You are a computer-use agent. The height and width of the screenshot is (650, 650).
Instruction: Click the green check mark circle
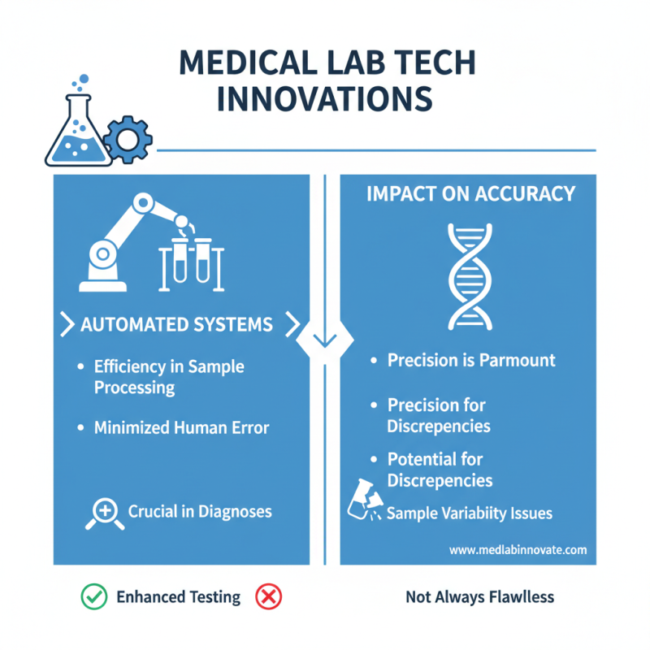pyautogui.click(x=93, y=597)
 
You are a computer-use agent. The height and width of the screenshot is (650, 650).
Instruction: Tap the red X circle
pyautogui.click(x=268, y=597)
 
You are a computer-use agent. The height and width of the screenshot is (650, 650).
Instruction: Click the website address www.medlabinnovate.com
pyautogui.click(x=518, y=550)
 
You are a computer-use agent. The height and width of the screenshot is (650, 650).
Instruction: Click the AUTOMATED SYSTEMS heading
pyautogui.click(x=176, y=325)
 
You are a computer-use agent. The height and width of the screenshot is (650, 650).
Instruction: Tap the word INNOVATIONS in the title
pyautogui.click(x=324, y=99)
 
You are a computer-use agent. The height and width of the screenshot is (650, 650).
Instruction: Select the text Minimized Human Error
pyautogui.click(x=181, y=427)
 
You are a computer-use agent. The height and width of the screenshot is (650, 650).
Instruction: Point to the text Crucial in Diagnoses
pyautogui.click(x=200, y=512)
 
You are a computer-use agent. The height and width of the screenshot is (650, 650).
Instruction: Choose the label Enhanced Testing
pyautogui.click(x=179, y=597)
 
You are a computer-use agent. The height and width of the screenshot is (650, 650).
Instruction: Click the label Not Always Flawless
pyautogui.click(x=479, y=597)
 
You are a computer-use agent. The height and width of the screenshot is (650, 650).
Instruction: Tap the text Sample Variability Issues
pyautogui.click(x=469, y=513)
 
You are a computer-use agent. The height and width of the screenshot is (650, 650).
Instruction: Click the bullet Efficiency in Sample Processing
pyautogui.click(x=168, y=377)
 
